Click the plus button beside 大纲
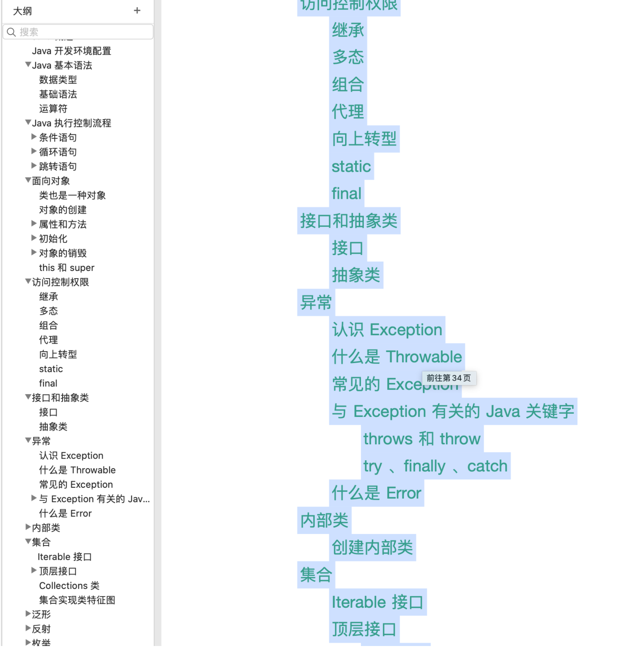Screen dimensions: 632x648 click(137, 11)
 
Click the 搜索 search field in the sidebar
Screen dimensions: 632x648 click(80, 32)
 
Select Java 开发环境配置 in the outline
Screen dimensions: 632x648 click(72, 51)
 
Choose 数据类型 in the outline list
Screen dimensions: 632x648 click(58, 80)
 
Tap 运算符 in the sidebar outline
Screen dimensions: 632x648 click(53, 109)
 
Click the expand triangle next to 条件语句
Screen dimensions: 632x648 click(34, 137)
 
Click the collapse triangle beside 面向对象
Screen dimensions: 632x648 click(28, 181)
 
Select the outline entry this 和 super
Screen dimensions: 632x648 click(67, 268)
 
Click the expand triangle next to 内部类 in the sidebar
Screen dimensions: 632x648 click(28, 527)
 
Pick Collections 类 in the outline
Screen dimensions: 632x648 click(69, 585)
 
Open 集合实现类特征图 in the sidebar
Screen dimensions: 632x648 click(77, 600)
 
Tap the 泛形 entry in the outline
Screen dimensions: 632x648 click(41, 615)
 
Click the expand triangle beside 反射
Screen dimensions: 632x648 click(28, 628)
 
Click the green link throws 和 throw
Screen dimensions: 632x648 click(422, 439)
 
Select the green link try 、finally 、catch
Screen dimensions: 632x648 click(435, 466)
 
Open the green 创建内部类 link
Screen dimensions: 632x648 click(373, 548)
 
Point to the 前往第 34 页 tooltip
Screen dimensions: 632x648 click(449, 378)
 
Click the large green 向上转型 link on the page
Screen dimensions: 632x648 click(364, 139)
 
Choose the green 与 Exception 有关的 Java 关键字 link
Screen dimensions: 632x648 click(453, 411)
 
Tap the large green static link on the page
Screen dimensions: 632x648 click(351, 167)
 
